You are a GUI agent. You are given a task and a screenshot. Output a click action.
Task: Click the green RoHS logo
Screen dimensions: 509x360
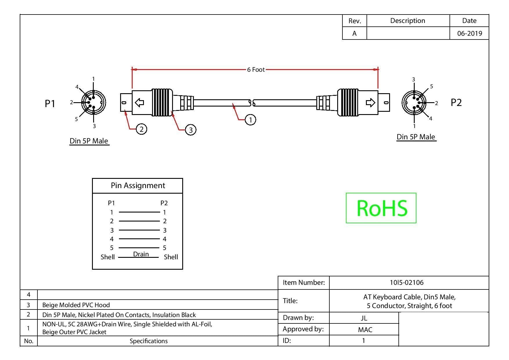(381, 208)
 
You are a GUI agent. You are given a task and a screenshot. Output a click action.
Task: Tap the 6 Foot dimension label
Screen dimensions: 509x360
(256, 70)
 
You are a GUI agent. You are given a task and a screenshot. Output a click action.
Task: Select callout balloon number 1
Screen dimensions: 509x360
(250, 120)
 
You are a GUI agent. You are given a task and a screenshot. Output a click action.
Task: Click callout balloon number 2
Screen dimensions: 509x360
(142, 129)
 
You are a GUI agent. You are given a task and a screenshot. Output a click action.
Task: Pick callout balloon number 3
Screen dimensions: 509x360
(191, 130)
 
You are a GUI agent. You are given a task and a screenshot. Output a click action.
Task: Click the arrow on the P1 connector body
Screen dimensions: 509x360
(140, 102)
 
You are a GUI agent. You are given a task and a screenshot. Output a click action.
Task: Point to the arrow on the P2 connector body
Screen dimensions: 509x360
(370, 102)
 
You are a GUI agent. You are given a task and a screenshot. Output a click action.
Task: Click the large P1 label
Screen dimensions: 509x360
(50, 103)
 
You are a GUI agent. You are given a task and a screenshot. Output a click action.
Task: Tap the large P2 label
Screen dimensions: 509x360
(456, 102)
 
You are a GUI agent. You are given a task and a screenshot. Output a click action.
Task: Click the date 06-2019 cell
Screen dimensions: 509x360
(470, 33)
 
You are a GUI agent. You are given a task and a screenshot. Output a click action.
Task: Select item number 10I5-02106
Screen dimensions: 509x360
(407, 282)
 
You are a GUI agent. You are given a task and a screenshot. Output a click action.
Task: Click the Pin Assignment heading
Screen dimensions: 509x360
(138, 186)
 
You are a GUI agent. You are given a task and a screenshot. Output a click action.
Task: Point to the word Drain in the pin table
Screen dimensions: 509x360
(141, 254)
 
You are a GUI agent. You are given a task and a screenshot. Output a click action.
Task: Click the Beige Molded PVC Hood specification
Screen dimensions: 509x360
(76, 305)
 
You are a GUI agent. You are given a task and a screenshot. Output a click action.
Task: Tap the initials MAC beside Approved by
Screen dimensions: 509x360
(365, 330)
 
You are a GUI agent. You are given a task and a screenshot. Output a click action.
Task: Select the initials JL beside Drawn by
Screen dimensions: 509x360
(364, 318)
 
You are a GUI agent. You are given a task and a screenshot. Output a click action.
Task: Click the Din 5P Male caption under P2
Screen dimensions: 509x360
(416, 137)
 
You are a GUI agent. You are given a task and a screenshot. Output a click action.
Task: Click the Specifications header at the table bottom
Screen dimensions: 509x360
(149, 341)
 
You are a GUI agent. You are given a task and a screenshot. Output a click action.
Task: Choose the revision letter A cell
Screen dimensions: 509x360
(354, 33)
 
